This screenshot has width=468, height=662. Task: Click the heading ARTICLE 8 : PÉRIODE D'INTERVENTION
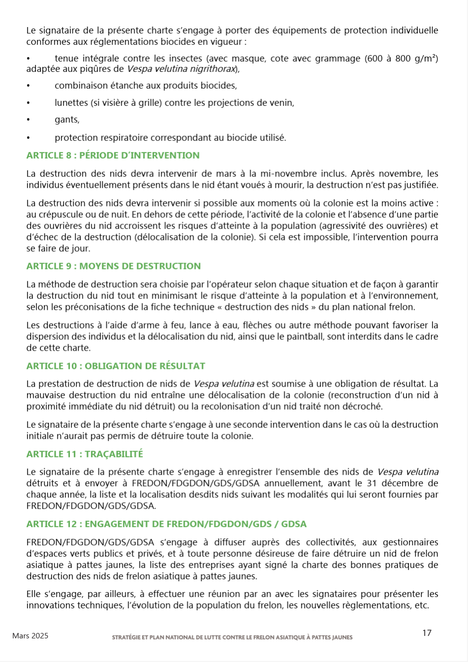click(x=113, y=156)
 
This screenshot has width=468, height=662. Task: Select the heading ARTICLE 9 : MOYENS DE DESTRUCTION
click(x=113, y=266)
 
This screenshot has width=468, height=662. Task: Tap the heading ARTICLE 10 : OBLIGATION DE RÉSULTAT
click(x=116, y=366)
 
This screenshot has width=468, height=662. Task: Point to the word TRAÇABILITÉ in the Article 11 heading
click(x=114, y=454)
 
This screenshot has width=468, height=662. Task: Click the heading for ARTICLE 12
click(x=167, y=524)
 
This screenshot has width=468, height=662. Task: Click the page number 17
click(x=427, y=633)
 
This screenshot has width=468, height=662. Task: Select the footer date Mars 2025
click(x=31, y=636)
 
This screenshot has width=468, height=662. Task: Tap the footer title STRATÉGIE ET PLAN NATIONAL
click(x=232, y=637)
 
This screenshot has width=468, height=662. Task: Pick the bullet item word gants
click(x=67, y=120)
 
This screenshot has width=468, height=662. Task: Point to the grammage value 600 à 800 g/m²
click(x=401, y=59)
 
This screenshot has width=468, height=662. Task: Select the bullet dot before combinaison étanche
click(x=29, y=86)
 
